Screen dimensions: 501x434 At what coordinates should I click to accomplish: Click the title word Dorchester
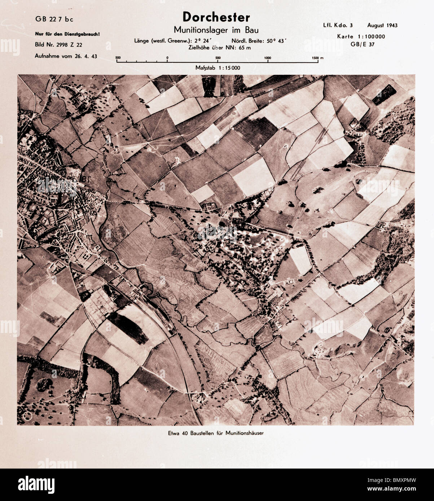click(x=216, y=17)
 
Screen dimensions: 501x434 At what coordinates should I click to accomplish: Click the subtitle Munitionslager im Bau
click(x=216, y=30)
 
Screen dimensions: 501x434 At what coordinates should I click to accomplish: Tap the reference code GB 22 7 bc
click(x=54, y=19)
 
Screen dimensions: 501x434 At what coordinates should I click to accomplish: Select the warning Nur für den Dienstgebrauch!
click(x=67, y=35)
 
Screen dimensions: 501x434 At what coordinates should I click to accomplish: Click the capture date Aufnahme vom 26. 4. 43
click(x=66, y=56)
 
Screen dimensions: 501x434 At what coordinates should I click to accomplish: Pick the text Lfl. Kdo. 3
click(x=338, y=25)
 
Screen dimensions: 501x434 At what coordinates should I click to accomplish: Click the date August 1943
click(x=382, y=25)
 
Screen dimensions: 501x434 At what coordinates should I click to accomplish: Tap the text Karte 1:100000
click(x=361, y=36)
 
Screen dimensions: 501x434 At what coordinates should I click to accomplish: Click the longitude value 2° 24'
click(x=202, y=41)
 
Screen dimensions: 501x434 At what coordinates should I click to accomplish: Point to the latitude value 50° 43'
click(x=278, y=41)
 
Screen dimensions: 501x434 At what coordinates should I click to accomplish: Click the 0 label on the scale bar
click(x=167, y=58)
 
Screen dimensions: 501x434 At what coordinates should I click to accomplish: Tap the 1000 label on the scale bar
click(x=268, y=58)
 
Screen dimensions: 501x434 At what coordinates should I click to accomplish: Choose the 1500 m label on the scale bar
click(x=317, y=58)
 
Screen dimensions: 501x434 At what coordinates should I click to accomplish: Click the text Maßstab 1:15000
click(x=218, y=68)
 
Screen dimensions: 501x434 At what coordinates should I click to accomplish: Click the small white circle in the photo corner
click(x=27, y=416)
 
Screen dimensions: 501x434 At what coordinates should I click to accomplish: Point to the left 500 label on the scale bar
click(x=118, y=58)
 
